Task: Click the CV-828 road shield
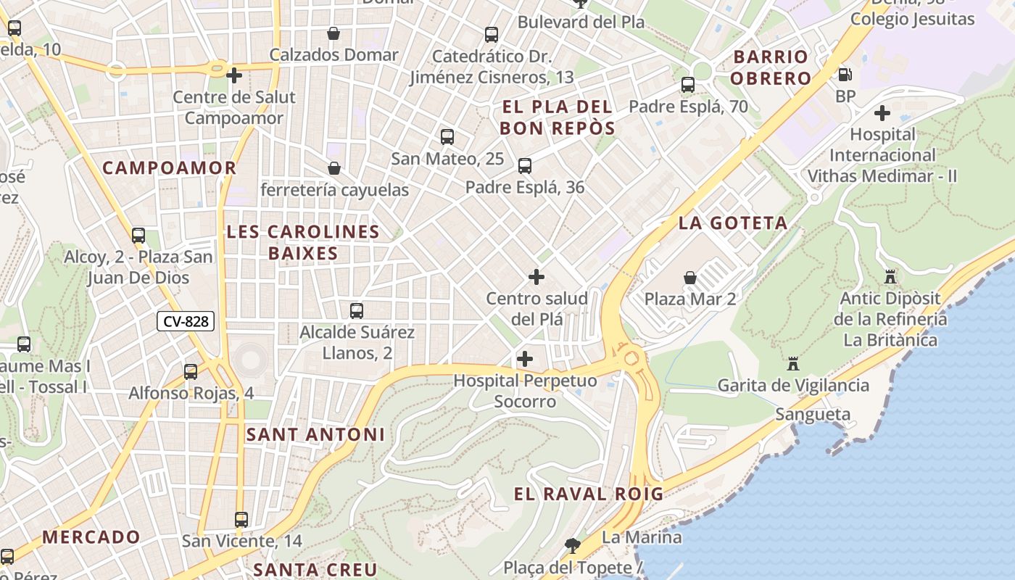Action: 186,321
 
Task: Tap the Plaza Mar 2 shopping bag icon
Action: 689,278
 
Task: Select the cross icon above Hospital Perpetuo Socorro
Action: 525,359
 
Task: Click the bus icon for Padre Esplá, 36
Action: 525,166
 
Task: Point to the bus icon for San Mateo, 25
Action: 447,137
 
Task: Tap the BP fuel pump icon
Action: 845,75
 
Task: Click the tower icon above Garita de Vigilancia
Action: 793,363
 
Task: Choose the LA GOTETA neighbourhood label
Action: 733,223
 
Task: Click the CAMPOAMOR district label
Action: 170,168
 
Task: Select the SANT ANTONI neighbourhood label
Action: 315,435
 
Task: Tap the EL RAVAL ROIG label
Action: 589,494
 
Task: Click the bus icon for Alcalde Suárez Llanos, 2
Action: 357,311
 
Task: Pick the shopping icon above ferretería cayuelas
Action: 334,168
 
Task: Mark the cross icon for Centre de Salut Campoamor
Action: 234,75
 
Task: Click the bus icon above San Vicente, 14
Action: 241,520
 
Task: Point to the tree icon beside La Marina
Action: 573,544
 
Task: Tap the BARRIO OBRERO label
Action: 770,67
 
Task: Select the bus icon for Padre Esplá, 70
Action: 688,85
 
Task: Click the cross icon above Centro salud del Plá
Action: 536,277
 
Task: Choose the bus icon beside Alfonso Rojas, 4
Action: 191,372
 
